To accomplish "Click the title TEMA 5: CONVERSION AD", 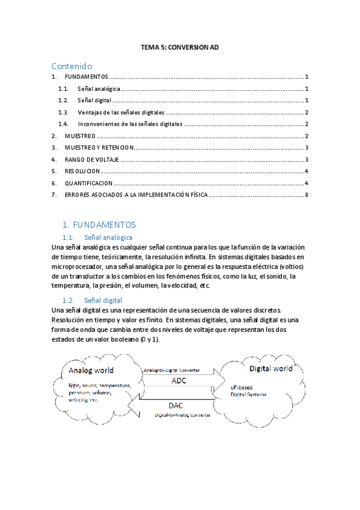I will point(180,46).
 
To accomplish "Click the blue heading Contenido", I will point(72,66).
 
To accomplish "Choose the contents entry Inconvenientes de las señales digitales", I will point(129,124).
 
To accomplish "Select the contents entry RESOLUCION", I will point(82,171).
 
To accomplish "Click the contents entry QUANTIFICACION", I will point(88,183).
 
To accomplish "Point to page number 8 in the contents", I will point(307,195).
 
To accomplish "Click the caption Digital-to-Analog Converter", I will point(183,416).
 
